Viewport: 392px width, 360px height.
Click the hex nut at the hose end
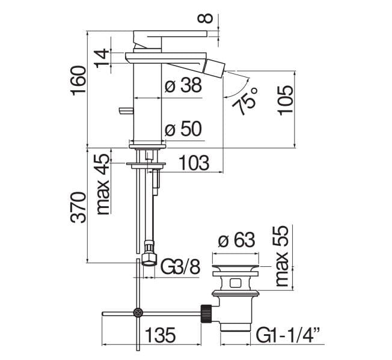coord(149,258)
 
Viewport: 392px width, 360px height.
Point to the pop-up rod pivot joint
coord(139,313)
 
